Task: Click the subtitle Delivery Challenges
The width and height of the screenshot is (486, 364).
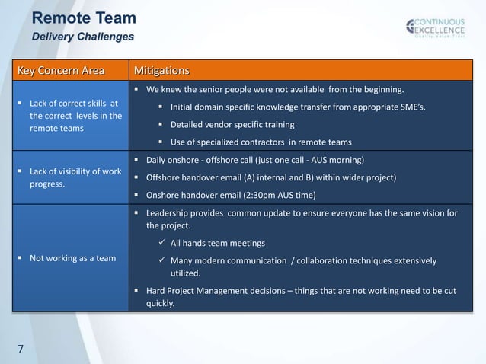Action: pos(82,37)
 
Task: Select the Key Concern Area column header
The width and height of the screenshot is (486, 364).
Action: pos(60,72)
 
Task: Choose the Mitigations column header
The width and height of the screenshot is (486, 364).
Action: pos(161,72)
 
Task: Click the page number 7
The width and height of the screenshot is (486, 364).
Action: pos(21,350)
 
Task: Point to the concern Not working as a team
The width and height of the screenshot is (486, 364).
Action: pos(72,258)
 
